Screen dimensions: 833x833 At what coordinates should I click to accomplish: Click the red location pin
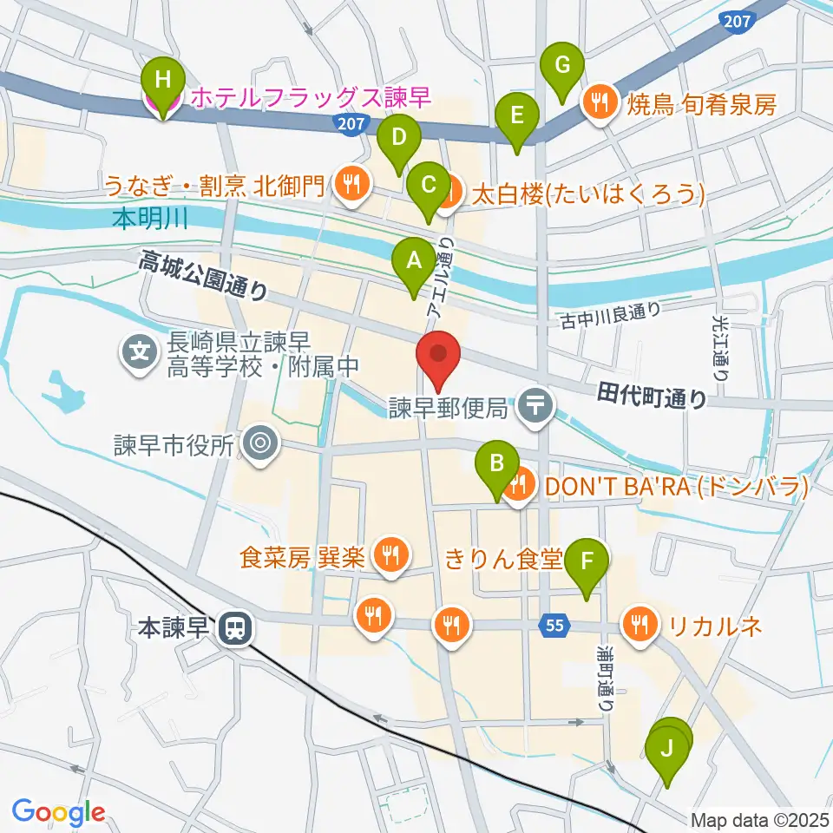[439, 357]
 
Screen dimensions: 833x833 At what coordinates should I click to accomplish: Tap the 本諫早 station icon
[233, 627]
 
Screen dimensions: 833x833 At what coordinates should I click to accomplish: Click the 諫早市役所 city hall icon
[259, 445]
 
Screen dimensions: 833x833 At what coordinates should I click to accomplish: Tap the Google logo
[58, 813]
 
